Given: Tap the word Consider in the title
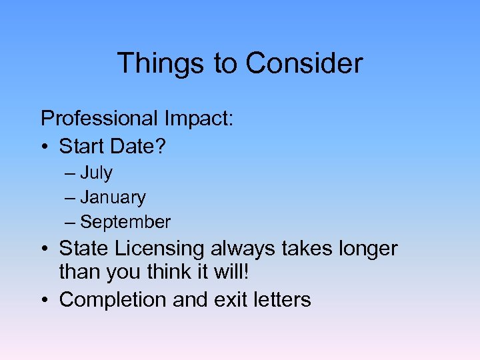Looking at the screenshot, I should [x=304, y=63].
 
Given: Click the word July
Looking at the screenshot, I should [x=96, y=173].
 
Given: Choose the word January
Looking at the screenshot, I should [x=113, y=198].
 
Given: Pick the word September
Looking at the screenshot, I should [x=125, y=222].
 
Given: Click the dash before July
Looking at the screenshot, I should [x=71, y=173].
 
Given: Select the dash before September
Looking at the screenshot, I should [x=71, y=222].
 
